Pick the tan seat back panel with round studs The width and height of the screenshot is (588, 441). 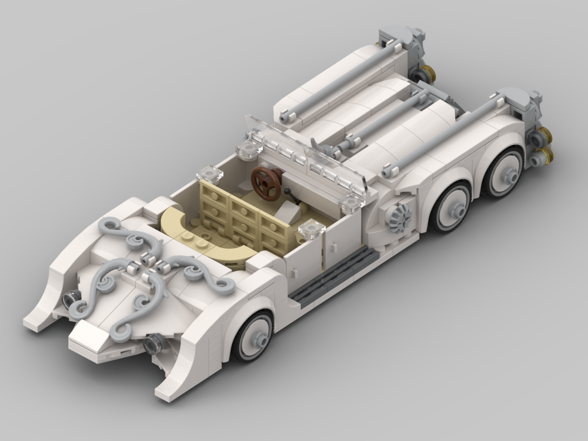coord(244,215)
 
